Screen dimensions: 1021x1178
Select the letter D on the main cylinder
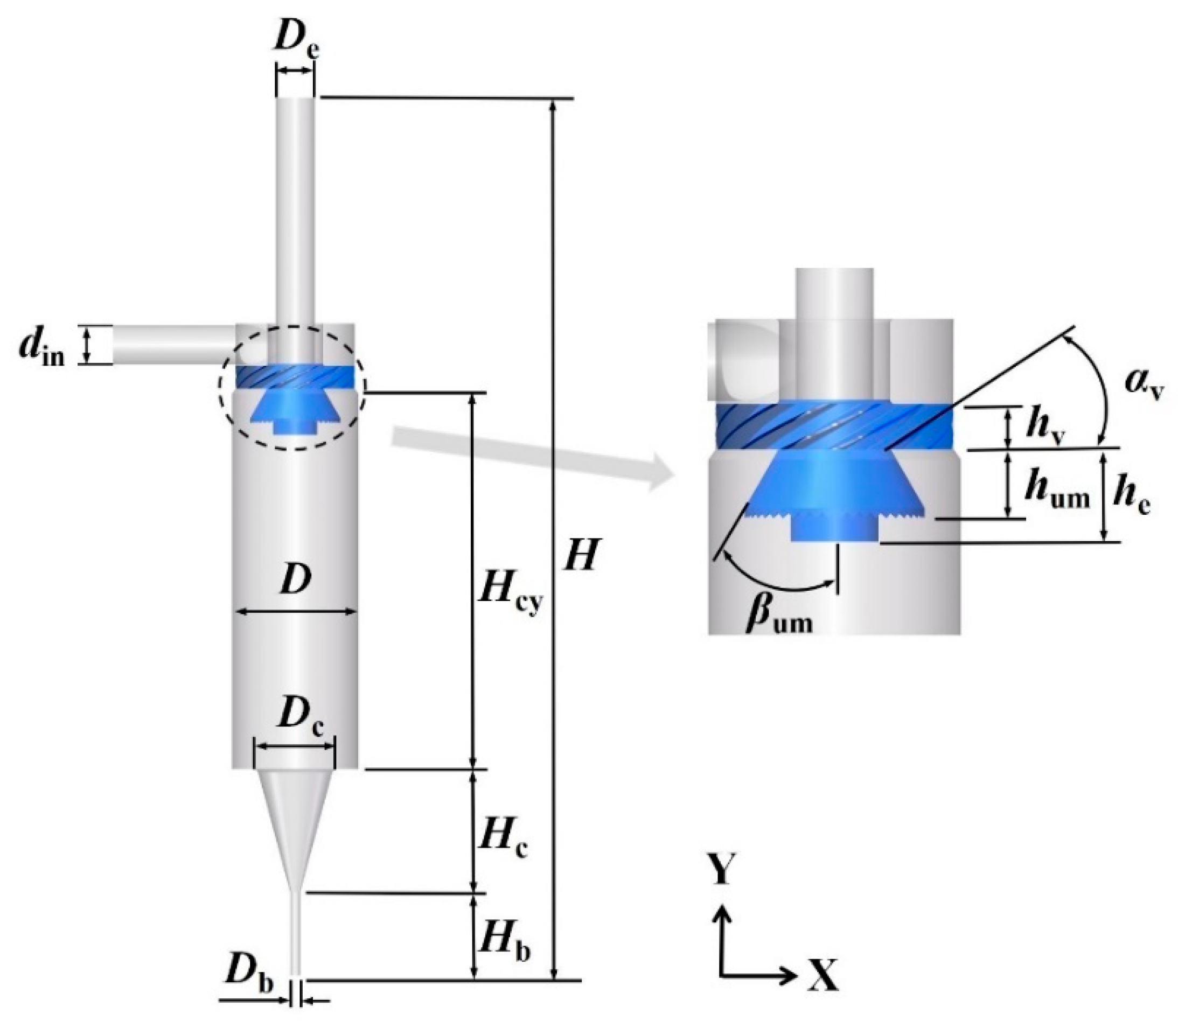pos(295,580)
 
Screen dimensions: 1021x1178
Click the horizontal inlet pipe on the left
pos(171,344)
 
